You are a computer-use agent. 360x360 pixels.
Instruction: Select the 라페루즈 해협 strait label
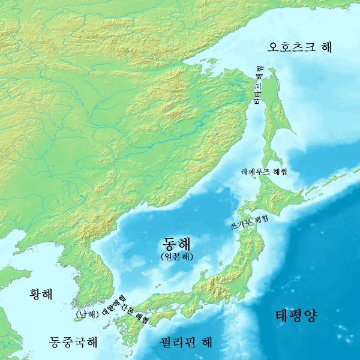263,172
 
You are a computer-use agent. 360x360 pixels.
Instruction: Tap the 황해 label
41,294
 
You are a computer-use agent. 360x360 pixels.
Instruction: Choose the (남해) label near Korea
87,313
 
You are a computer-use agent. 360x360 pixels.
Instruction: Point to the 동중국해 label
73,342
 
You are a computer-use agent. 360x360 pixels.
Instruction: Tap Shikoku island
162,316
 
